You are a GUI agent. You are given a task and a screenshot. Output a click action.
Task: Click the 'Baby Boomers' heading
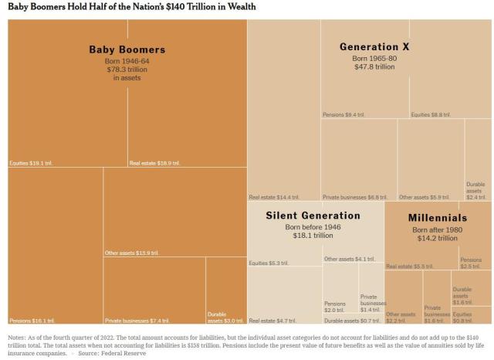[127, 50]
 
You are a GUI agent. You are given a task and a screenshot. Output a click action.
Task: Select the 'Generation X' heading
[374, 47]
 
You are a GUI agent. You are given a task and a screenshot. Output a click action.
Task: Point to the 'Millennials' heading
[437, 219]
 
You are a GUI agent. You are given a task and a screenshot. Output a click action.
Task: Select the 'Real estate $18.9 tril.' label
[154, 163]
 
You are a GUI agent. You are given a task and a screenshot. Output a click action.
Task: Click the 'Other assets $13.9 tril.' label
[132, 253]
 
